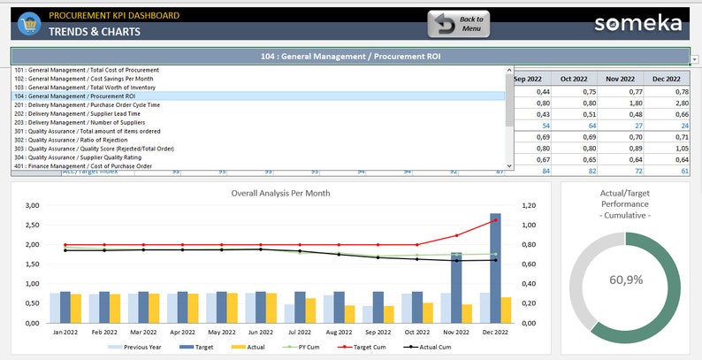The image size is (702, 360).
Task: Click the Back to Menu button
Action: tap(458, 24)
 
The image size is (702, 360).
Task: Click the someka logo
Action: tap(638, 24)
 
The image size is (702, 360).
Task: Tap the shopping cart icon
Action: tap(28, 24)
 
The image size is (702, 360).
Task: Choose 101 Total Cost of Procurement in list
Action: tap(86, 69)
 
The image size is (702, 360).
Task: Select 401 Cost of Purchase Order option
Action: tap(83, 166)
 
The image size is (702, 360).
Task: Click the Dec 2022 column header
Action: tap(668, 78)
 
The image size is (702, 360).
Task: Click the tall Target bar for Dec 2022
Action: tap(495, 265)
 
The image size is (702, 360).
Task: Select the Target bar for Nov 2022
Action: tap(456, 287)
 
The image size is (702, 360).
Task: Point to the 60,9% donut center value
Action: tap(625, 280)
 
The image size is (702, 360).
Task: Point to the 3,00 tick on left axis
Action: tap(32, 205)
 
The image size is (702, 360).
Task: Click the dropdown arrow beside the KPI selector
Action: tap(694, 59)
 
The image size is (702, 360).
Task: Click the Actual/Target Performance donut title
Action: tap(624, 203)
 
